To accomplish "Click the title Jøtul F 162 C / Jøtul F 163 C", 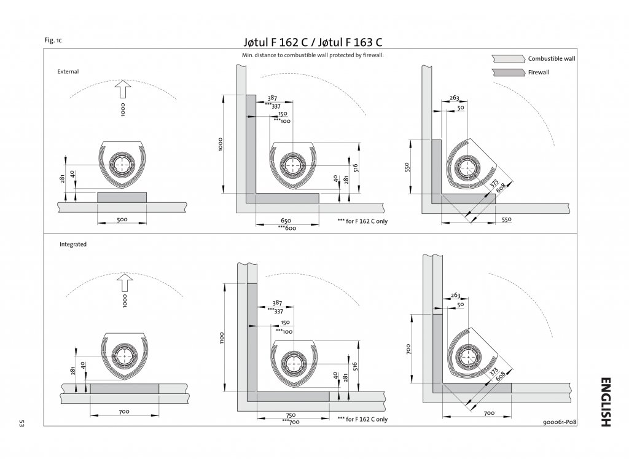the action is [x=313, y=42].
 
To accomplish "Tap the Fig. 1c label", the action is [x=53, y=40].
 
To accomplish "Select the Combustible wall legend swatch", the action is [x=508, y=58].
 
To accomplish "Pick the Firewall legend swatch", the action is [x=508, y=73].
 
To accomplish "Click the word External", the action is [x=68, y=71].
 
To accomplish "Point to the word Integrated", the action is [x=73, y=244].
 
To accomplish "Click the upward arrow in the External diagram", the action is [x=123, y=88].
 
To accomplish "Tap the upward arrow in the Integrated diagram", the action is [x=125, y=283].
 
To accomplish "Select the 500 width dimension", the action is [x=122, y=219].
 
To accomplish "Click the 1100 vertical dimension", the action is [x=222, y=337].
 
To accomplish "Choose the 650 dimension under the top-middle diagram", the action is [x=286, y=221].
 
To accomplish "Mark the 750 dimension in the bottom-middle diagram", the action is [x=291, y=415].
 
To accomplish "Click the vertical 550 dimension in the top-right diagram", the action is [x=407, y=167].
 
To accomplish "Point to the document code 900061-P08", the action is [x=560, y=422].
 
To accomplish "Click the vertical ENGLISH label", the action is [x=606, y=402].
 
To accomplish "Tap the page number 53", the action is [x=21, y=423].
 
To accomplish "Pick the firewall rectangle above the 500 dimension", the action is [x=122, y=197].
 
